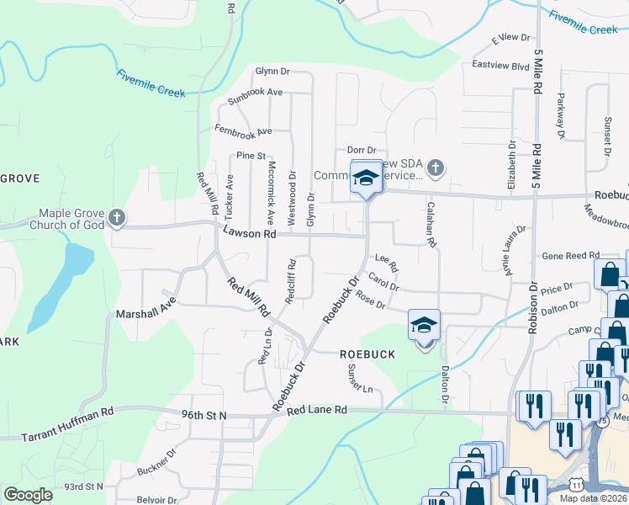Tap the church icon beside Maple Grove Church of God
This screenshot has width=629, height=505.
[x=116, y=219]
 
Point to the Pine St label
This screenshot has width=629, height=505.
[x=251, y=156]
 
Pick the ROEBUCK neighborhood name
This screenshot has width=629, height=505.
[x=367, y=354]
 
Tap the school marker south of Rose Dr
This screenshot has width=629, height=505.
[x=424, y=324]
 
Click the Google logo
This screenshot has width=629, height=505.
[x=28, y=494]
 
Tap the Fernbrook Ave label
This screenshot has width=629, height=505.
[x=243, y=131]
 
